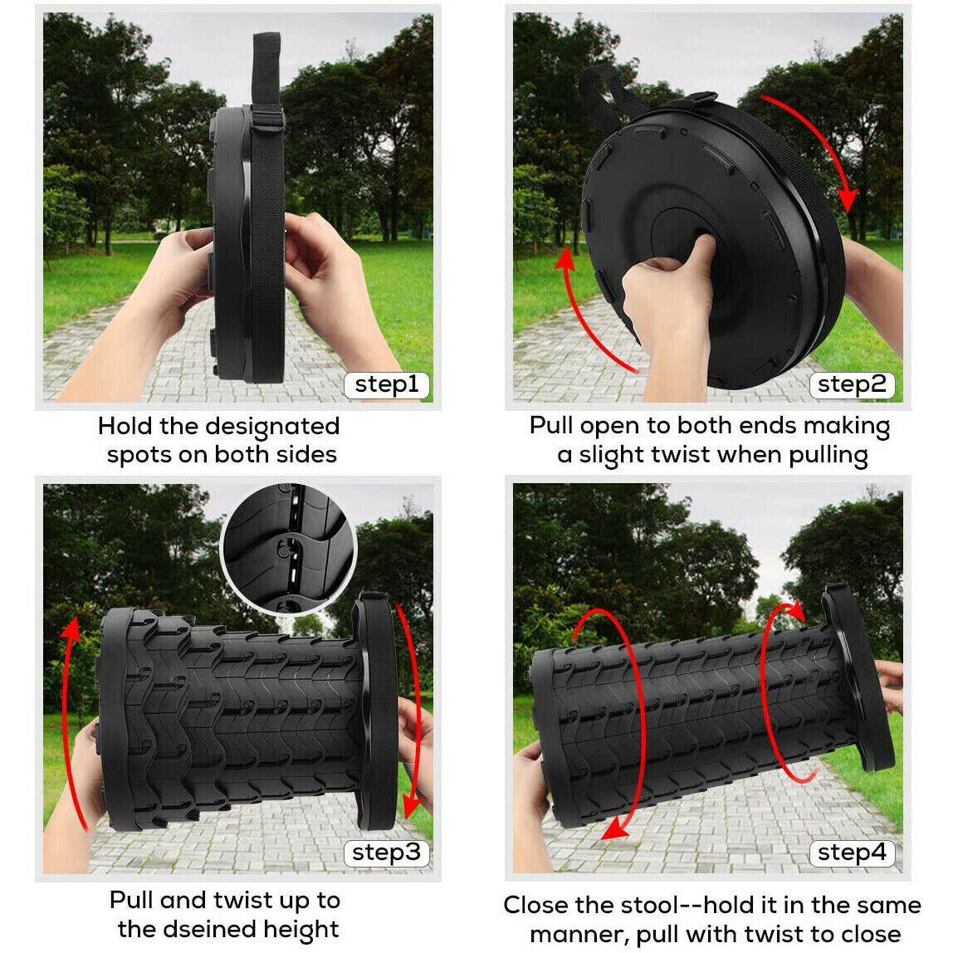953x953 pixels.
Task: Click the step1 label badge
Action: [x=387, y=384]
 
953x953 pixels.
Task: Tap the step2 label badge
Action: [x=851, y=384]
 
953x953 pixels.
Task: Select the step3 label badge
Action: [x=387, y=853]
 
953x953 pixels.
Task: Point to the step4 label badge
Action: [x=851, y=853]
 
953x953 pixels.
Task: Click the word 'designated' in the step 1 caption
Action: [x=272, y=427]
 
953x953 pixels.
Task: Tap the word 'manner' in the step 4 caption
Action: [x=577, y=934]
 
